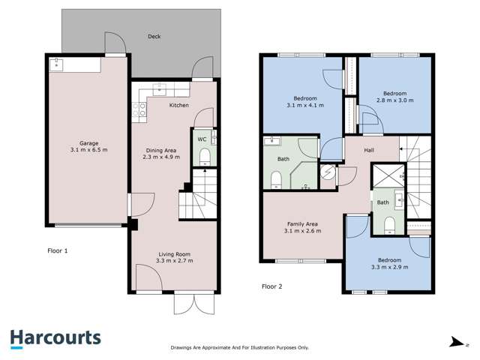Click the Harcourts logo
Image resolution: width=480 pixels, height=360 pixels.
(56, 338)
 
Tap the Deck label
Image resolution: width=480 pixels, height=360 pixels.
(154, 36)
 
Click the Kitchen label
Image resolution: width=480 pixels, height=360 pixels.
(178, 106)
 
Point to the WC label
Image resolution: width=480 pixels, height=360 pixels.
(202, 139)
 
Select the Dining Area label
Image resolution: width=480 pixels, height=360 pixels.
(161, 150)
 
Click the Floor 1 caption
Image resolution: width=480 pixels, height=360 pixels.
(57, 250)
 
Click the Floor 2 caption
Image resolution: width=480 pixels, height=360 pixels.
(273, 286)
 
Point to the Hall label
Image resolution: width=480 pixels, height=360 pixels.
(369, 150)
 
